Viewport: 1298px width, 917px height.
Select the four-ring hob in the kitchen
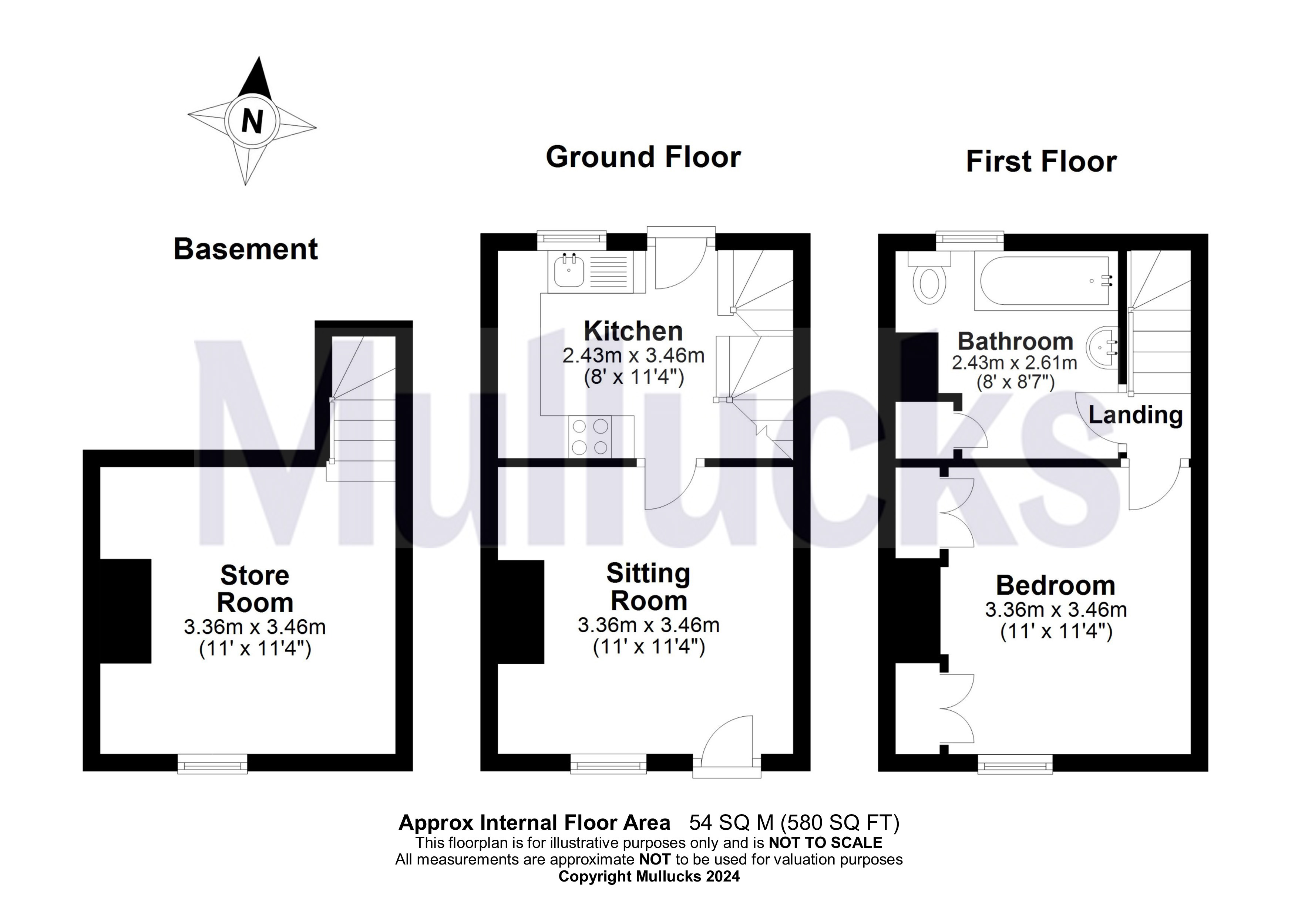point(590,436)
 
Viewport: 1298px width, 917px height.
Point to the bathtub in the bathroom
point(1043,281)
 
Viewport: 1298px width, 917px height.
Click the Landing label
point(1135,415)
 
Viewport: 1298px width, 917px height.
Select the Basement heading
point(245,249)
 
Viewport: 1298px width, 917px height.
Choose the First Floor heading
point(1041,162)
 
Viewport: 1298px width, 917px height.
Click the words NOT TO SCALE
point(825,843)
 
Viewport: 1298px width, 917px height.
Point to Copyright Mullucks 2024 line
point(649,876)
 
